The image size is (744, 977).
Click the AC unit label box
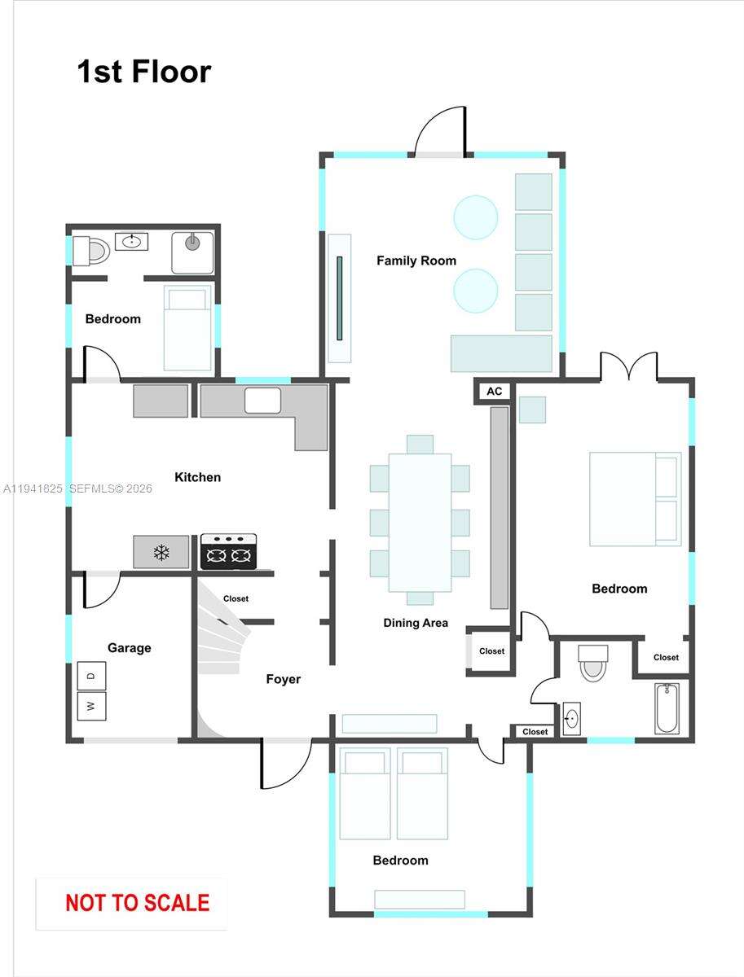tap(494, 392)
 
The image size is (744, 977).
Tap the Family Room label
tap(416, 261)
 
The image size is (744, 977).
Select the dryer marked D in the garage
tap(91, 676)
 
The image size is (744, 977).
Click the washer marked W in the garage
tap(91, 705)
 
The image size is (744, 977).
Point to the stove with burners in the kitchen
tap(228, 552)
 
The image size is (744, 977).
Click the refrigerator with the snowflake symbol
tap(161, 552)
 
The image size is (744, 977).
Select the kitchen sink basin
tap(262, 401)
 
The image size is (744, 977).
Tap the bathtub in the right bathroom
tap(667, 708)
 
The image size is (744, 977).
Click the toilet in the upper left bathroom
tap(90, 251)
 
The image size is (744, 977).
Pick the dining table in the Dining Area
tap(420, 522)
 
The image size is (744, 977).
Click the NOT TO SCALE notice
tap(137, 903)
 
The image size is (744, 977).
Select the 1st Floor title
tap(143, 72)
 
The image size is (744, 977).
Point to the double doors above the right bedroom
tap(628, 368)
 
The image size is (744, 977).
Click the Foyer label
tap(283, 679)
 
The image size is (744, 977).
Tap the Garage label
tap(129, 648)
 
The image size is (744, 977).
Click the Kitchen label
tap(197, 477)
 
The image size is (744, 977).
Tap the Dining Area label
tap(416, 623)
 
